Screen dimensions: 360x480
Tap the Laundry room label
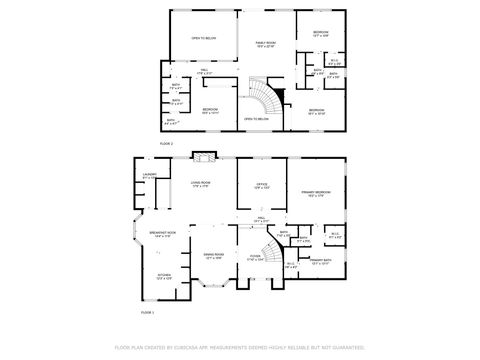pyautogui.click(x=150, y=177)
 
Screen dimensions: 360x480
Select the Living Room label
pyautogui.click(x=199, y=185)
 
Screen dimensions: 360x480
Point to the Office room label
pyautogui.click(x=260, y=186)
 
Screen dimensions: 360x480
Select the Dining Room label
pyautogui.click(x=213, y=256)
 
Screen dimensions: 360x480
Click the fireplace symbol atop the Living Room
pyautogui.click(x=205, y=156)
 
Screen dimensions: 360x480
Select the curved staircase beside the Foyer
pyautogui.click(x=268, y=249)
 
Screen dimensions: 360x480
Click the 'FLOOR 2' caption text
pyautogui.click(x=166, y=145)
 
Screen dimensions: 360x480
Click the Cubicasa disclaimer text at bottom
pyautogui.click(x=240, y=347)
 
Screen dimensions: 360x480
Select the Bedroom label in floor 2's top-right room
pyautogui.click(x=320, y=34)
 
